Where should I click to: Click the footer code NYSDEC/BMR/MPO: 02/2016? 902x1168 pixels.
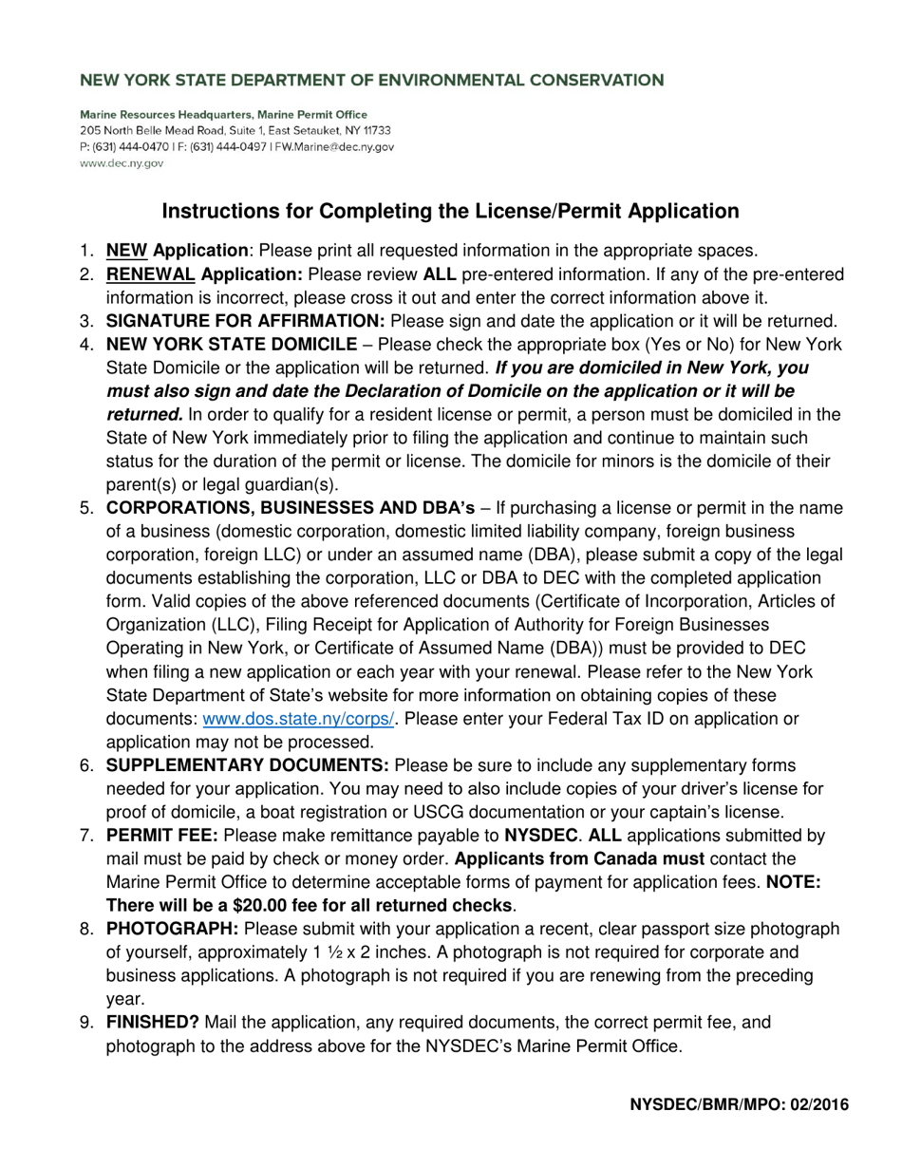click(x=732, y=1104)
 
